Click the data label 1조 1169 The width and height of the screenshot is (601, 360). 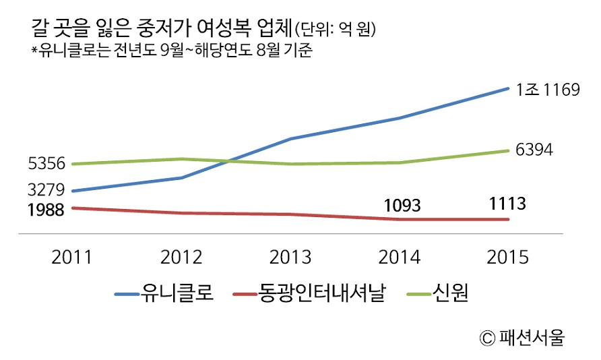pyautogui.click(x=548, y=88)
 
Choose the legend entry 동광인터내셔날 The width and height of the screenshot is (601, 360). pyautogui.click(x=322, y=294)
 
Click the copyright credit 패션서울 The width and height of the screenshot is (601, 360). pyautogui.click(x=521, y=337)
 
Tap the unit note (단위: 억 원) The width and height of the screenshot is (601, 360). pyautogui.click(x=335, y=30)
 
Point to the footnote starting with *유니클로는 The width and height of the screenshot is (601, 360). pyautogui.click(x=172, y=51)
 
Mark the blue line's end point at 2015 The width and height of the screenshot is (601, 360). pyautogui.click(x=508, y=88)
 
